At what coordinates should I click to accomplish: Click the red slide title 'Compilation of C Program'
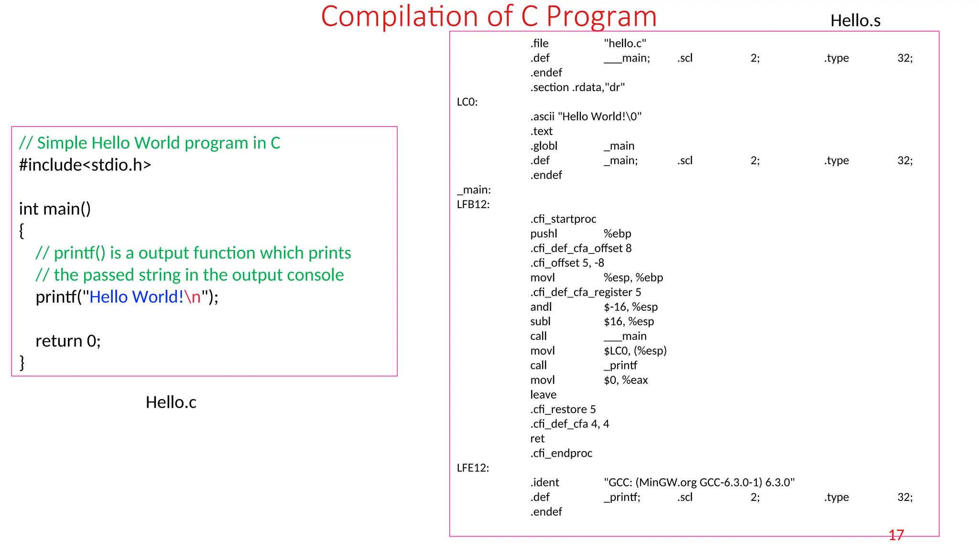(489, 16)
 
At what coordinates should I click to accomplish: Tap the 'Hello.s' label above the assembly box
(855, 21)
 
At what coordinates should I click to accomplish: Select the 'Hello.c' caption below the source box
(171, 402)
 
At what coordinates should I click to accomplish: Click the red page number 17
(896, 535)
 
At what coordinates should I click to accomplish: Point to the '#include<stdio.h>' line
(85, 165)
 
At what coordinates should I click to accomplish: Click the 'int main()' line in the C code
(55, 209)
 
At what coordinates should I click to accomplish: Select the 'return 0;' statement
(68, 341)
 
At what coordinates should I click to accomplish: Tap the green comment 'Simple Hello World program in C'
(158, 143)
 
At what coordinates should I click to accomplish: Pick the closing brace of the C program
(22, 362)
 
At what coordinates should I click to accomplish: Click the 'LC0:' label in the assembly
(467, 102)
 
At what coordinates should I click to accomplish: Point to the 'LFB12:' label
(473, 204)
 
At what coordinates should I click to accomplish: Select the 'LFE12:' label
(473, 468)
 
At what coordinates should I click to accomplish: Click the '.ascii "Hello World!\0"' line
(586, 116)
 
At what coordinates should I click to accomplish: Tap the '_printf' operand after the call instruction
(620, 365)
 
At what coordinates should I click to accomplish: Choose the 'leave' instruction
(543, 395)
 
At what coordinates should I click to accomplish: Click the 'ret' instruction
(537, 439)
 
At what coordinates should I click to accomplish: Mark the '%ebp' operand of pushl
(617, 233)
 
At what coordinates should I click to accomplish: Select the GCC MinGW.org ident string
(699, 483)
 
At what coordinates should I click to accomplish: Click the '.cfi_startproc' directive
(563, 219)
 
